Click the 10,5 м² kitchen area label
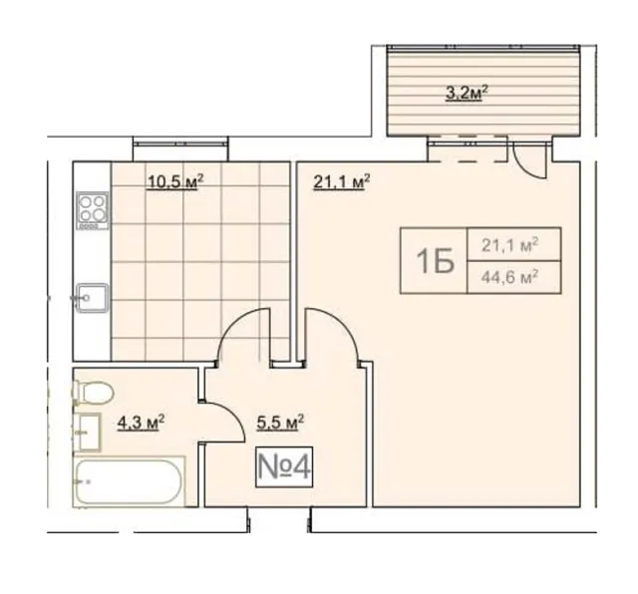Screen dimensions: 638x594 [x=175, y=181]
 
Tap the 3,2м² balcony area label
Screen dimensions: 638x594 [x=467, y=93]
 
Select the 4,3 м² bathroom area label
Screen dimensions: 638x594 [x=141, y=423]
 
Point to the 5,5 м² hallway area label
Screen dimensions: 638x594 [x=280, y=423]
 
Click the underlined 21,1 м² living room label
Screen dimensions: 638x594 [x=341, y=181]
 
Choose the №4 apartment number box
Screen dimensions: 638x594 [x=284, y=466]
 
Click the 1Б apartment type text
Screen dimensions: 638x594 [x=435, y=261]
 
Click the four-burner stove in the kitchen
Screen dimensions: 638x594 [x=93, y=210]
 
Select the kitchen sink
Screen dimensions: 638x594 [x=93, y=298]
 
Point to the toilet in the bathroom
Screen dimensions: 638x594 [x=93, y=393]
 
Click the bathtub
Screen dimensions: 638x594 [x=130, y=482]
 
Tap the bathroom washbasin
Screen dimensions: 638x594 [x=87, y=433]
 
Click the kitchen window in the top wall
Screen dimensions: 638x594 [x=180, y=144]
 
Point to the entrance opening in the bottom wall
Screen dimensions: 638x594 [x=280, y=520]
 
